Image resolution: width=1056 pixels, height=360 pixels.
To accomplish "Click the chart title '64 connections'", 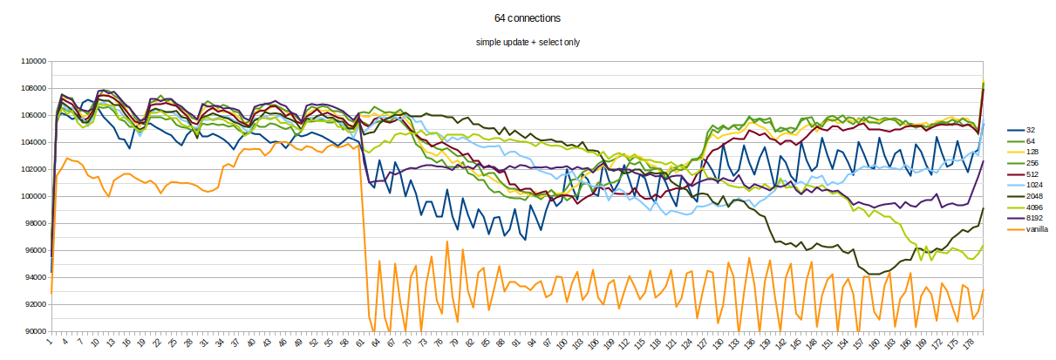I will (528, 17).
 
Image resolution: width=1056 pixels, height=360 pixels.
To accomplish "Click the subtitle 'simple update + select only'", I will (528, 42).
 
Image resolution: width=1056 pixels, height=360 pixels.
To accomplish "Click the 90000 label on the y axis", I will (35, 331).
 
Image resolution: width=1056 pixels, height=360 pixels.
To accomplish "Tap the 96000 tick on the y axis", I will (35, 251).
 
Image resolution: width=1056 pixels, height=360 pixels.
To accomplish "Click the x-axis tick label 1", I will (51, 342).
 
